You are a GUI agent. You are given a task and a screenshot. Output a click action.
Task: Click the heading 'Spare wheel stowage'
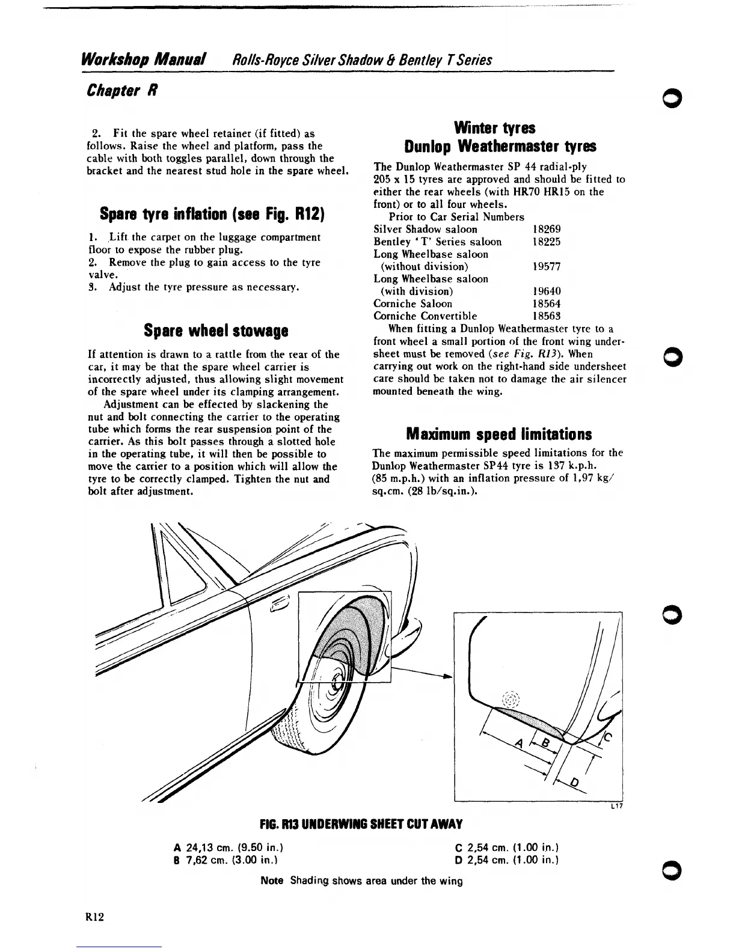pyautogui.click(x=216, y=331)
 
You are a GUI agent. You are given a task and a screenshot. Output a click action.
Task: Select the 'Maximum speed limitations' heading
pyautogui.click(x=498, y=434)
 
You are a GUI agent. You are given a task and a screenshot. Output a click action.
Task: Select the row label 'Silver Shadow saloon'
pyautogui.click(x=425, y=229)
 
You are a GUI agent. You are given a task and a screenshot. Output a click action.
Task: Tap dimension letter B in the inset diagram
pyautogui.click(x=545, y=745)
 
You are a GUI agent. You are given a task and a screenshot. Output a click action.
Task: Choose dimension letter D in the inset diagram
pyautogui.click(x=574, y=782)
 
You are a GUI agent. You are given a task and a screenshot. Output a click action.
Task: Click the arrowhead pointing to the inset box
pyautogui.click(x=447, y=677)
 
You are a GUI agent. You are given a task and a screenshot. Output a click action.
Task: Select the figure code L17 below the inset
pyautogui.click(x=616, y=807)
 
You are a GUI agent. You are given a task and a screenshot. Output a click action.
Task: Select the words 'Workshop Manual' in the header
pyautogui.click(x=144, y=59)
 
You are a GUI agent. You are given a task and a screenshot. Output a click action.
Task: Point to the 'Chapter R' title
pyautogui.click(x=122, y=91)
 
